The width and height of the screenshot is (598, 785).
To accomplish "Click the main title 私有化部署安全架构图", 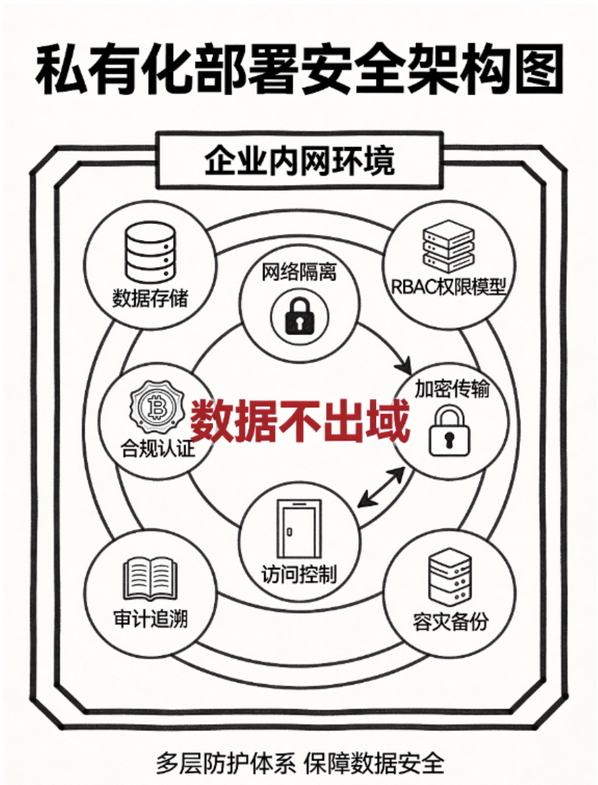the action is click(x=299, y=70).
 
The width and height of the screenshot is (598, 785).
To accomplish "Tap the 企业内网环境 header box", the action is click(x=299, y=160).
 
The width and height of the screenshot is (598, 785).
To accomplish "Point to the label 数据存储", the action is click(x=150, y=298).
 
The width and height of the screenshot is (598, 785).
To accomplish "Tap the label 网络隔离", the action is click(x=299, y=272).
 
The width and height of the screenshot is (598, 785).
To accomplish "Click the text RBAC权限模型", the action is click(x=448, y=287).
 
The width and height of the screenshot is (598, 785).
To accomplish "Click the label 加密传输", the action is click(x=452, y=389).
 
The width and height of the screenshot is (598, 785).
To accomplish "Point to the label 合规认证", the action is click(x=157, y=448).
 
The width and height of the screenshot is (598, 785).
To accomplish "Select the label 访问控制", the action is click(x=299, y=574).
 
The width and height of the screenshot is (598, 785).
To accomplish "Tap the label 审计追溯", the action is click(x=150, y=619).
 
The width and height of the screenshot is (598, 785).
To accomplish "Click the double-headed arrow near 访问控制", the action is click(x=381, y=487).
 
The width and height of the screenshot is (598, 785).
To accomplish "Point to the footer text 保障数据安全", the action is click(x=374, y=763).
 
